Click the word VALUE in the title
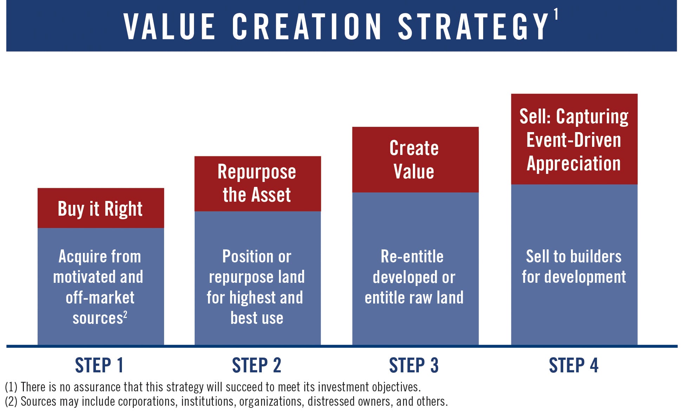click(169, 26)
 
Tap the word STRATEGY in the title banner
click(473, 26)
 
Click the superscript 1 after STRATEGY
click(556, 14)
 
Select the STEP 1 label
click(99, 365)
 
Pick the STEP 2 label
click(256, 365)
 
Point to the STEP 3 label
click(414, 365)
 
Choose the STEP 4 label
click(574, 365)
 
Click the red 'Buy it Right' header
click(101, 208)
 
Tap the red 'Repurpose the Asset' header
click(258, 184)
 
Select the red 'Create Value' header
click(415, 159)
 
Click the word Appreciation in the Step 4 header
click(574, 164)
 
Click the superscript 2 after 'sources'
click(125, 314)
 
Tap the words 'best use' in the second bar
click(257, 318)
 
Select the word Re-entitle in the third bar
click(412, 256)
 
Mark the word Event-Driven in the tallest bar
click(574, 140)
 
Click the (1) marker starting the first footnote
click(11, 387)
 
